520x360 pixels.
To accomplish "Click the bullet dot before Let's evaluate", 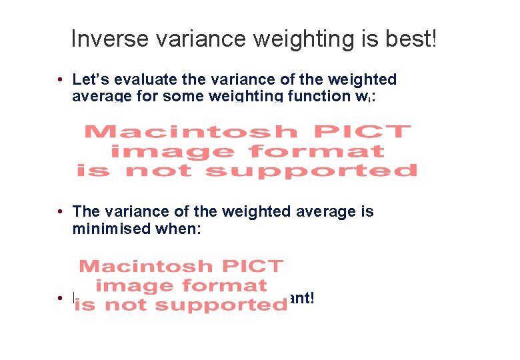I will (60, 80).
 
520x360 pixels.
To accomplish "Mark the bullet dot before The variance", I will (60, 212).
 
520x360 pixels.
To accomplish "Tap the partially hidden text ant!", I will (301, 298).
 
